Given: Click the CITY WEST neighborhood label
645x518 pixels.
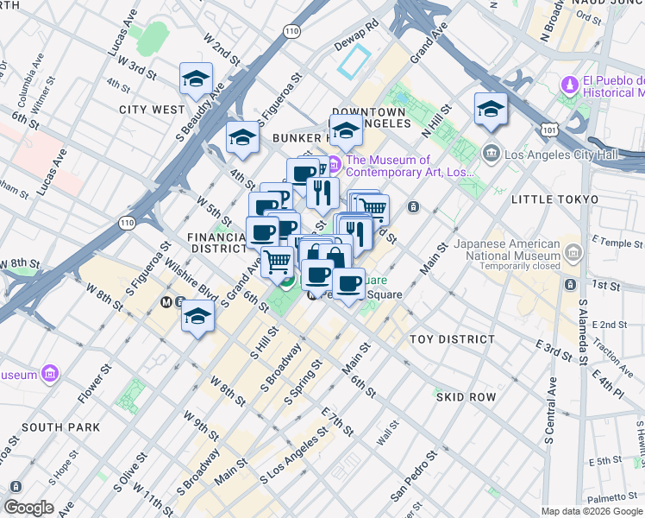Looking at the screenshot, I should (152, 110).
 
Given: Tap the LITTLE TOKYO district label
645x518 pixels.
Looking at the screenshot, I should (554, 199).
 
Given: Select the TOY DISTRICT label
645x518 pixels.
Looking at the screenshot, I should (452, 339).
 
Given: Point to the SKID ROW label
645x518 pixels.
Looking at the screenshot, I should (466, 396).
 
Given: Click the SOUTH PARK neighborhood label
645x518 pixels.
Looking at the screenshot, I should (60, 427).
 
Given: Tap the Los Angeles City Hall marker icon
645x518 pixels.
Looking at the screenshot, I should (492, 155).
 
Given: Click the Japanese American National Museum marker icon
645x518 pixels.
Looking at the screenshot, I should (575, 250).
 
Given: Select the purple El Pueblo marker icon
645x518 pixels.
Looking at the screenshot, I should (569, 86).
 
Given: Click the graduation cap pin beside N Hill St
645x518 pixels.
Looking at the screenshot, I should (491, 110).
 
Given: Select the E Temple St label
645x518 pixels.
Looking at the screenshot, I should (607, 244).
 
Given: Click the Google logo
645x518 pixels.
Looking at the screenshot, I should (28, 508).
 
